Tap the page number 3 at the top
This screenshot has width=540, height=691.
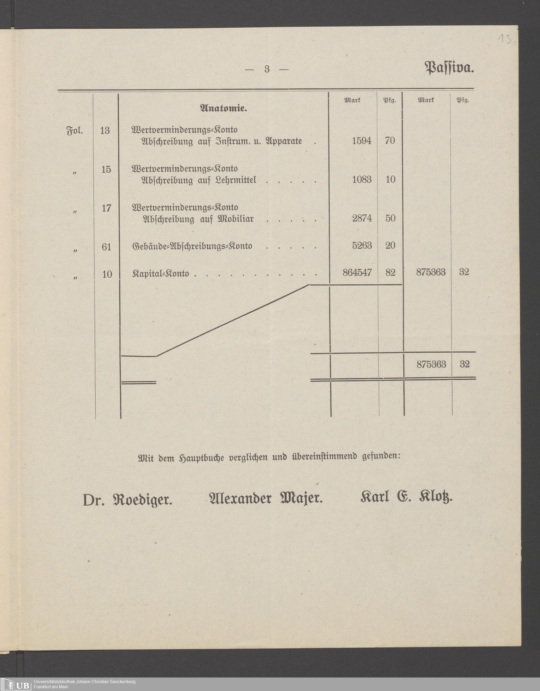(x=267, y=69)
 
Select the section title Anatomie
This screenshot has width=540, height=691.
(x=224, y=109)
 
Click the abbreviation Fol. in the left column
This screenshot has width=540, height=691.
(x=75, y=130)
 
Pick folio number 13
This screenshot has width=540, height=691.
(x=105, y=130)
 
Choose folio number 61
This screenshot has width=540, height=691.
(x=107, y=247)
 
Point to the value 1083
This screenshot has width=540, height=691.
(x=362, y=180)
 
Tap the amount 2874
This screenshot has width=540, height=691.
(x=362, y=218)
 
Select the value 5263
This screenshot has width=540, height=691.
(x=362, y=246)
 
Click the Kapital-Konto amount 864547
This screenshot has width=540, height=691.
(x=357, y=272)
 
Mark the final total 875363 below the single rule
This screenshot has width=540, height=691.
(x=431, y=365)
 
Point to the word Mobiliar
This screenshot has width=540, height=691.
(x=235, y=219)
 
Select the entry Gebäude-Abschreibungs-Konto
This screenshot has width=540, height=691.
(x=192, y=246)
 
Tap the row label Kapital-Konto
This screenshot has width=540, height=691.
(x=161, y=274)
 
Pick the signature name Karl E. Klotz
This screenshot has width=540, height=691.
(x=406, y=498)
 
